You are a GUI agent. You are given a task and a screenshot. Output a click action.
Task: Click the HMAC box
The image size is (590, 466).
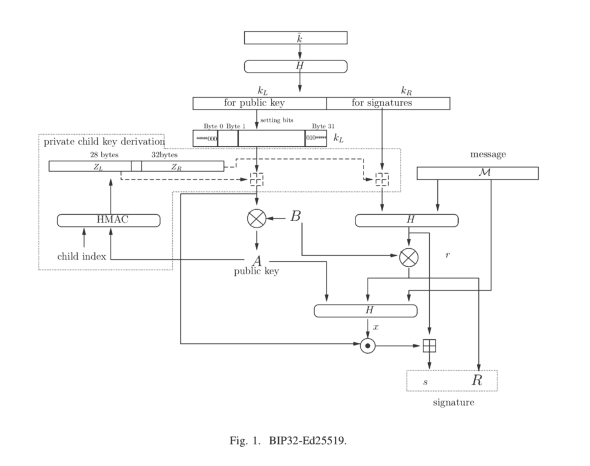(x=108, y=220)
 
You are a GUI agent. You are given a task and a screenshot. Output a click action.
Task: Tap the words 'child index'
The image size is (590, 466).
(x=81, y=256)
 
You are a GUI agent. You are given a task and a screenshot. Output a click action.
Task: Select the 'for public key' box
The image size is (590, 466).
(x=259, y=103)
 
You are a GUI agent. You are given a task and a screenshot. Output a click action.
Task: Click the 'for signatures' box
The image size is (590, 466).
(x=388, y=103)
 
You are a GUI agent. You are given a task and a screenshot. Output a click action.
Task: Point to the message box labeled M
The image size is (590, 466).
(x=477, y=173)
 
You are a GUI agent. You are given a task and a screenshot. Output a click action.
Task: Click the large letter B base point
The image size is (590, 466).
(x=296, y=217)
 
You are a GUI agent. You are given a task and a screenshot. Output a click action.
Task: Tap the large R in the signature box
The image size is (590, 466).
(x=477, y=380)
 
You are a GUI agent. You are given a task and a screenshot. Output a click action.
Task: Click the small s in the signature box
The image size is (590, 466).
(x=426, y=381)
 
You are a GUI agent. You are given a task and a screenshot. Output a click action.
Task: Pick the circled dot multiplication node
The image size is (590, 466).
(x=368, y=346)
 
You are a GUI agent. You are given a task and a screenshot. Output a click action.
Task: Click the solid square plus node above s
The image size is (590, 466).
(x=430, y=346)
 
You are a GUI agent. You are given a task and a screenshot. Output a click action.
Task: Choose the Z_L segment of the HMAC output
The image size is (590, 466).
(x=90, y=166)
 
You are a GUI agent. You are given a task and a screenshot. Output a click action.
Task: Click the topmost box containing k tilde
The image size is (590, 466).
(x=296, y=37)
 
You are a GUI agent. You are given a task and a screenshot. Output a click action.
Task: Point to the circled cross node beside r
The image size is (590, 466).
(x=409, y=257)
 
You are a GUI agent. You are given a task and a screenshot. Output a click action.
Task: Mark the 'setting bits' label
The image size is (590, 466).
(x=277, y=120)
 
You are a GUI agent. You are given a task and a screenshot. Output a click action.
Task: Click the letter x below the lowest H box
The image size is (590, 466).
(x=376, y=327)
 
